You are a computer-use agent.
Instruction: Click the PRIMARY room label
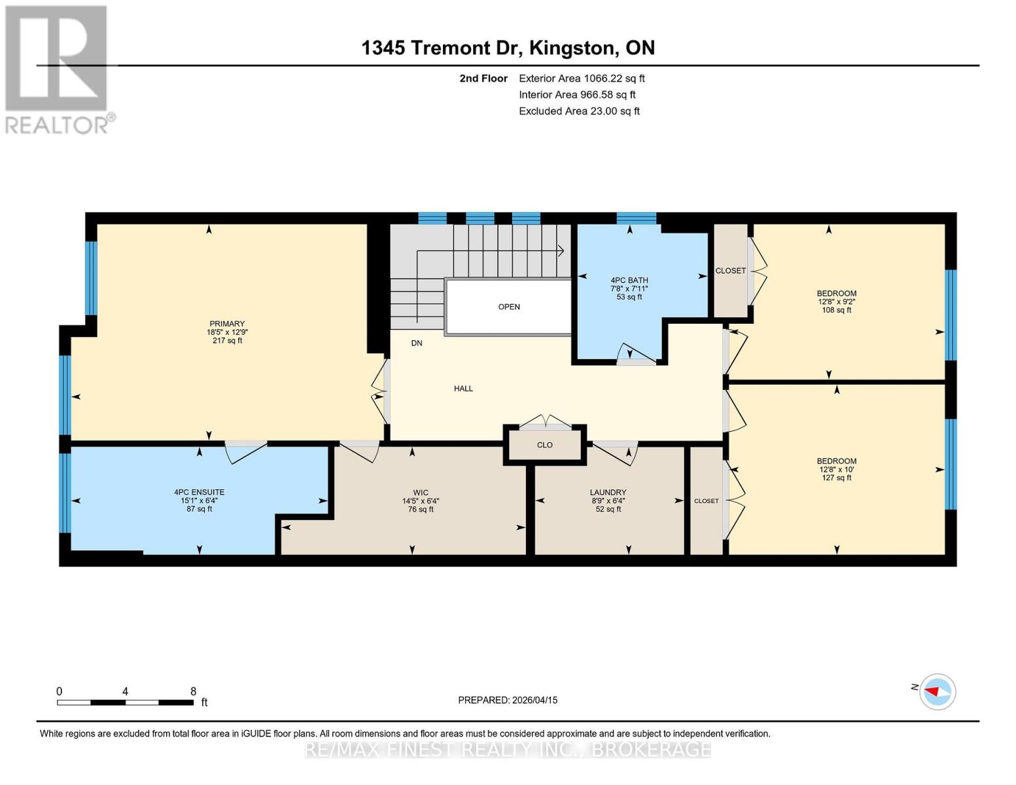click(227, 324)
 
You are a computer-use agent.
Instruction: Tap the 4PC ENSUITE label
click(199, 492)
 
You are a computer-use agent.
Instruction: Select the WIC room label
click(421, 493)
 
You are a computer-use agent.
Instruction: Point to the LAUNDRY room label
click(608, 492)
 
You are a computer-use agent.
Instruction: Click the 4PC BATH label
click(629, 280)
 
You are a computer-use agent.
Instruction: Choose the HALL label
click(463, 389)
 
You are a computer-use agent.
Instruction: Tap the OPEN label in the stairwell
click(509, 307)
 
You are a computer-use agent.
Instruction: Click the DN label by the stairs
click(417, 343)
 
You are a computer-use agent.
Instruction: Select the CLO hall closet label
click(545, 445)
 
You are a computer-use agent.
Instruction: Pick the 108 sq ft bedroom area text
click(837, 310)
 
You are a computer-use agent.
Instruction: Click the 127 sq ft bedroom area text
click(837, 478)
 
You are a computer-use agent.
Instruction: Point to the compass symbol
click(937, 691)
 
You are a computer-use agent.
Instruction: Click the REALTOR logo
click(57, 69)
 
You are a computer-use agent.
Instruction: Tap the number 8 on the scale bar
click(193, 691)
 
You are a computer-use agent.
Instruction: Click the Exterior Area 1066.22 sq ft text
click(582, 78)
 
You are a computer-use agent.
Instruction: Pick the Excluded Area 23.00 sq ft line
click(579, 111)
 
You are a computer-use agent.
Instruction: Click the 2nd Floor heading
click(483, 78)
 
